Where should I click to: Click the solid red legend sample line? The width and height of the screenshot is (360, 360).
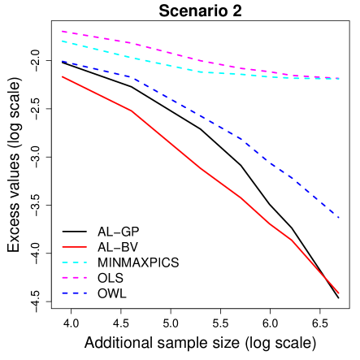[74, 246]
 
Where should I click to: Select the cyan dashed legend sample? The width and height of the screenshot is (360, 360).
[74, 262]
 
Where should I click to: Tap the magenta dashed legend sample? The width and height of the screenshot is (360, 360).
[74, 278]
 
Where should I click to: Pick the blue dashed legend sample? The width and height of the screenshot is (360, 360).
[74, 293]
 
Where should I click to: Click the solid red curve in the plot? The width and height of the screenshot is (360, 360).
[200, 168]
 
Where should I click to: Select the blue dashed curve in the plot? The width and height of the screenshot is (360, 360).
[200, 116]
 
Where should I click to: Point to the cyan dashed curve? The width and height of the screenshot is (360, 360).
[200, 72]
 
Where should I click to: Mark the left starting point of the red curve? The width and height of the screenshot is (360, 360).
[62, 76]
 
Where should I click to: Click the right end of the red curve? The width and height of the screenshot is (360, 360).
[339, 293]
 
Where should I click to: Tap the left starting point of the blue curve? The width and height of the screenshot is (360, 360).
[62, 60]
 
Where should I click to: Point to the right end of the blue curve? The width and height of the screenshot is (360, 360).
[339, 219]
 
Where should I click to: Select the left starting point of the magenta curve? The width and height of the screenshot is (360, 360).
[62, 32]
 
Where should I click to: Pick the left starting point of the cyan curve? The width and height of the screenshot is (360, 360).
[62, 41]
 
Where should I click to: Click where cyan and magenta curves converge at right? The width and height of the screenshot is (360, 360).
[337, 79]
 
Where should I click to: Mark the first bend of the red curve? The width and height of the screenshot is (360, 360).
[131, 111]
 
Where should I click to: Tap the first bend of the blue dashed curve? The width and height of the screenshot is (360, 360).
[131, 77]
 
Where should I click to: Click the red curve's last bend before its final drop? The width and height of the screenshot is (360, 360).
[291, 240]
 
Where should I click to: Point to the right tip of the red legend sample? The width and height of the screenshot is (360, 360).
[86, 246]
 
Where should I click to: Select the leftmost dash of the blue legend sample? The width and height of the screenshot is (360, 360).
[65, 293]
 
